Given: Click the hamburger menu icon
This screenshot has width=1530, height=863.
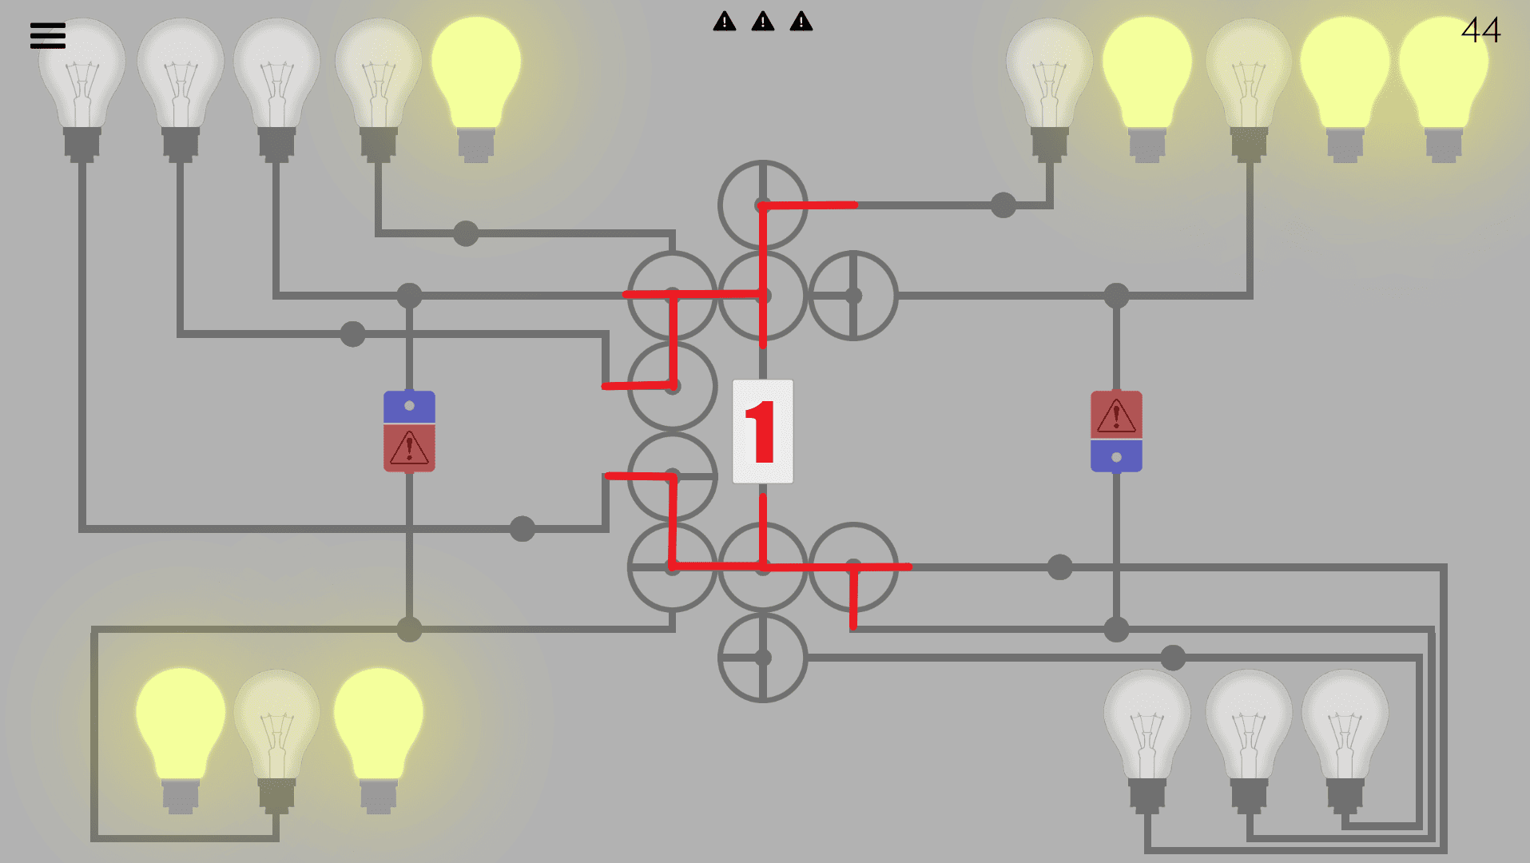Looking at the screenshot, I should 48,35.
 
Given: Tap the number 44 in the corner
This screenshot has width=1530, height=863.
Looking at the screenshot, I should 1480,30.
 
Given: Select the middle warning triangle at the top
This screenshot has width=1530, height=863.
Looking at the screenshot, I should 763,22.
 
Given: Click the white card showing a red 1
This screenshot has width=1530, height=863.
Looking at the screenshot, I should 763,431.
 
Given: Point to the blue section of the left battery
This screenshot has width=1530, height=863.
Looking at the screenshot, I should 409,407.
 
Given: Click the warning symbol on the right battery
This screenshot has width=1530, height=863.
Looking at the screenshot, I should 1116,416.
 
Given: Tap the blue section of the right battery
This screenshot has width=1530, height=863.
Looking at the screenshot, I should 1116,456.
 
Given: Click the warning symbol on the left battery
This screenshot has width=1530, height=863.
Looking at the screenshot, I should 409,448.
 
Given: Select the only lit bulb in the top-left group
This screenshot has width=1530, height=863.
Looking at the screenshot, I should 476,80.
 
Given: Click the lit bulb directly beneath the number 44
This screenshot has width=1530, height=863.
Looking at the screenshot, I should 1444,80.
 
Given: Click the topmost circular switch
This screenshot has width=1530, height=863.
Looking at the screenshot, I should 763,205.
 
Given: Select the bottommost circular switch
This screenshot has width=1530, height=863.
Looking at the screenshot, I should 763,658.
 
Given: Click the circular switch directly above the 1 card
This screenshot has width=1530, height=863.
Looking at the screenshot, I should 763,296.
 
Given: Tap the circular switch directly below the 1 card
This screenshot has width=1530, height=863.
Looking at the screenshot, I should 763,567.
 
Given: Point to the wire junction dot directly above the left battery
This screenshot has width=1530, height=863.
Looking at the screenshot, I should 409,296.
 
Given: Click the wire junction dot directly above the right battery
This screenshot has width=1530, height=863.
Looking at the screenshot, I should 1116,296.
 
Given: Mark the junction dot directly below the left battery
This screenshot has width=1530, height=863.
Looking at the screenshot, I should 409,629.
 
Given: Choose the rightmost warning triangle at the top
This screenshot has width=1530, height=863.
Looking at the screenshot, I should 801,22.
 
